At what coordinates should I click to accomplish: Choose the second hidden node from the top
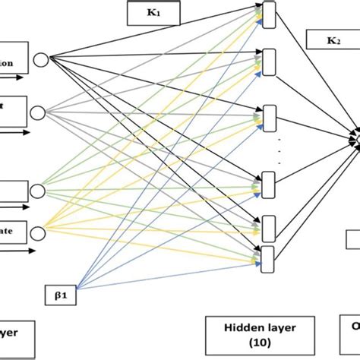pos(267,55)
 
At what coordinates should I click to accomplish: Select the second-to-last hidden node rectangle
pos(267,225)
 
